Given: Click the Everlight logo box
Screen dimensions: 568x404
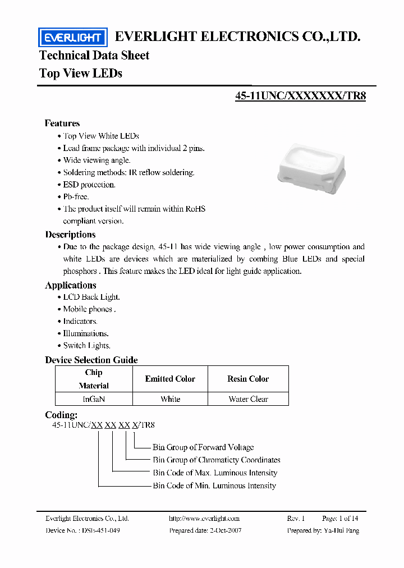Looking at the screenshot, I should click(x=72, y=38).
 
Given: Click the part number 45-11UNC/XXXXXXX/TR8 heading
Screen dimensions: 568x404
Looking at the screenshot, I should click(x=300, y=95).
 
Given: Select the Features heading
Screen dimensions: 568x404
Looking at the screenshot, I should click(x=62, y=123).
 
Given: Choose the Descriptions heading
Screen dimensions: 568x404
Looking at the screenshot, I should click(x=70, y=235).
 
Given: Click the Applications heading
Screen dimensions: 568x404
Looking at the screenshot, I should click(x=71, y=285).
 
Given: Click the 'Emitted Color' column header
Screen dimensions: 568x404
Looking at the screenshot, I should click(x=170, y=379).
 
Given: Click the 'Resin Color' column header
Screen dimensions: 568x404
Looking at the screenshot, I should click(x=248, y=379).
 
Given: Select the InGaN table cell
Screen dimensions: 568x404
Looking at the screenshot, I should click(x=94, y=399).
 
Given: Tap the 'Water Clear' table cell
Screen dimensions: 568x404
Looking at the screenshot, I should click(x=248, y=399).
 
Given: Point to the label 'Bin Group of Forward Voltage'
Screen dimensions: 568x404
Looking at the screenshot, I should click(x=203, y=447).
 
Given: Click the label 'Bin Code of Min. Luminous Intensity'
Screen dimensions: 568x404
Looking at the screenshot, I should click(x=214, y=485).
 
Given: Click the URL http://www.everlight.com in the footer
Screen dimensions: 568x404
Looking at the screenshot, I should click(x=204, y=519).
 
